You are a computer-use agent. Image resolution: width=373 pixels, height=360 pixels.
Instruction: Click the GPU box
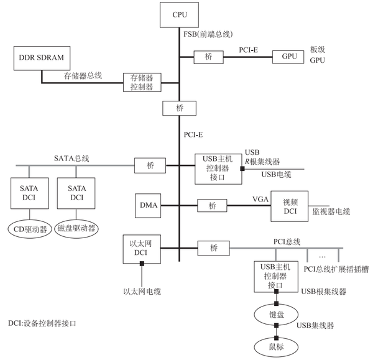(x=289, y=57)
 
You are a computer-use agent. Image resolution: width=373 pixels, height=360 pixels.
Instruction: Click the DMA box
(x=148, y=205)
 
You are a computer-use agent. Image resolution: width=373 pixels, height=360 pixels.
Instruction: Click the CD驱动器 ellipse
(x=29, y=228)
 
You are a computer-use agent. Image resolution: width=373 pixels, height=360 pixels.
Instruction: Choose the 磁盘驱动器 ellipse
(x=76, y=228)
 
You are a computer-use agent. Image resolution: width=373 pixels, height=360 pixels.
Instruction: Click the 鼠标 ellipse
(x=276, y=345)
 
